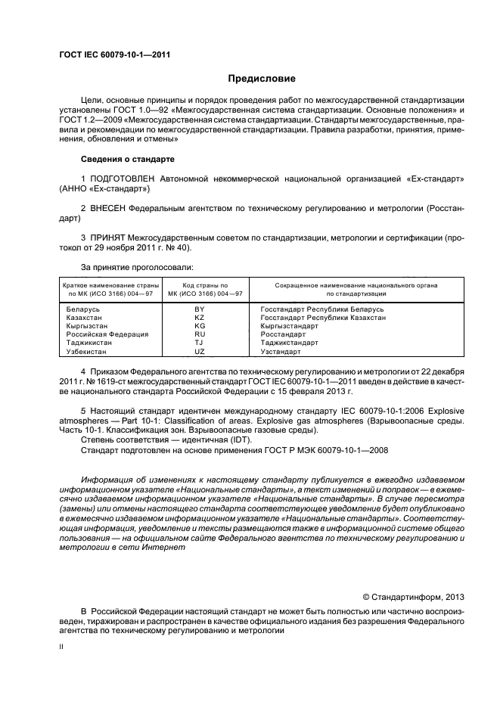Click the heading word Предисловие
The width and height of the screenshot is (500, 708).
[262, 79]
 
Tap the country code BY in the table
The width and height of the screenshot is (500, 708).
[200, 309]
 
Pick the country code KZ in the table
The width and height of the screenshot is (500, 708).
[200, 318]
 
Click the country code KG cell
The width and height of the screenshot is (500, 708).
[200, 326]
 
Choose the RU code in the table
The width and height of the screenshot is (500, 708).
[200, 334]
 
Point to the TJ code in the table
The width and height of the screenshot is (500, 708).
[200, 343]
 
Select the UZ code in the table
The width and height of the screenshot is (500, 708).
[200, 351]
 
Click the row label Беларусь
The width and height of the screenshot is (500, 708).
[83, 309]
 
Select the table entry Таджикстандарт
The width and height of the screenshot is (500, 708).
[290, 343]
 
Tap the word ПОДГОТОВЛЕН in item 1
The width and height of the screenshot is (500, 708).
[123, 179]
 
